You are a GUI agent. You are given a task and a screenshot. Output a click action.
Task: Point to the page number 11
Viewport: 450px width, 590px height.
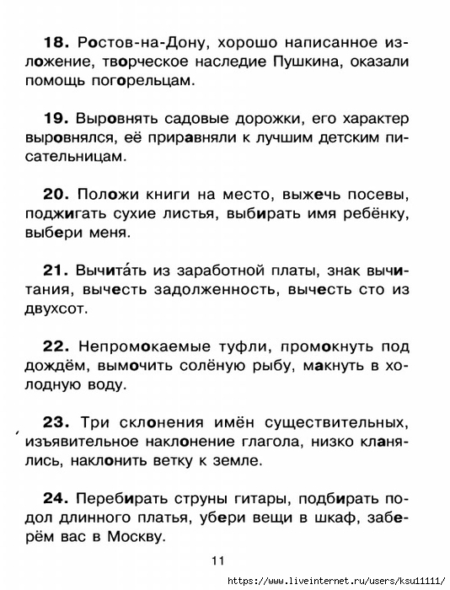(218, 560)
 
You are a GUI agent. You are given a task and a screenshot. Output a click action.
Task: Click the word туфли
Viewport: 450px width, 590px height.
(222, 347)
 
